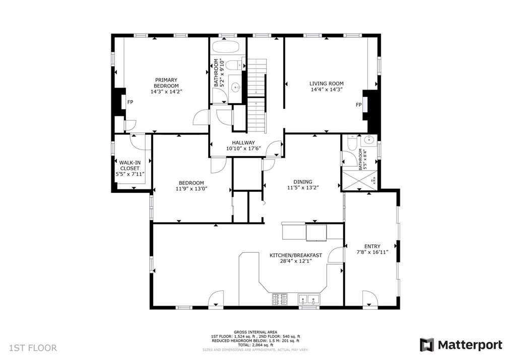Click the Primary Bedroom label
click(166, 83)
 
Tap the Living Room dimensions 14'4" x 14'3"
click(326, 90)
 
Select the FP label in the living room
click(358, 105)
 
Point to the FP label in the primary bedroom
click(131, 102)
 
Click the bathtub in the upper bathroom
click(226, 46)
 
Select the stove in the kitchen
click(280, 300)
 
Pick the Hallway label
click(243, 142)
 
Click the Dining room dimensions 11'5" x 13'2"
click(303, 188)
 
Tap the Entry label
click(372, 246)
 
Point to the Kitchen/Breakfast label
click(296, 255)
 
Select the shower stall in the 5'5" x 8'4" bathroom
click(359, 180)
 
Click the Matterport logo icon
click(427, 345)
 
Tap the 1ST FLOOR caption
click(33, 348)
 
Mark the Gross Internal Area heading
click(255, 332)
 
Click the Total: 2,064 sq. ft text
click(255, 345)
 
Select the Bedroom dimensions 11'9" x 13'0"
click(191, 188)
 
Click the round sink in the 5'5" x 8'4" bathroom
click(369, 140)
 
